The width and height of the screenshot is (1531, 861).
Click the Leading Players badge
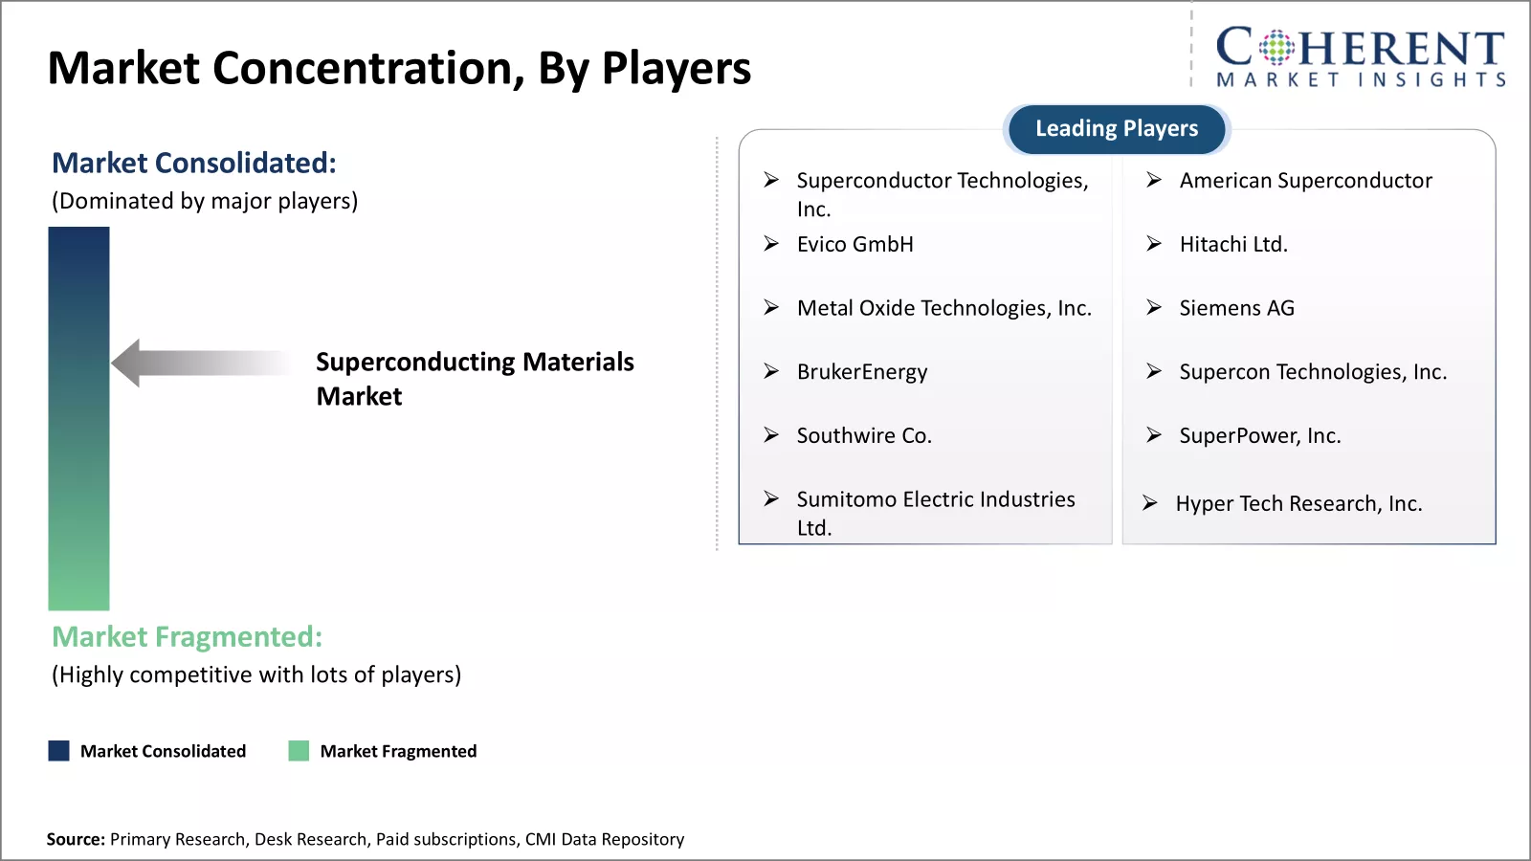(x=1117, y=128)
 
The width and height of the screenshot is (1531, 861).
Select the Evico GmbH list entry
(x=855, y=244)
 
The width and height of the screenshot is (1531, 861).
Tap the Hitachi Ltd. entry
(x=1233, y=244)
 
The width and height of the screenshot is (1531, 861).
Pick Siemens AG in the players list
(x=1237, y=308)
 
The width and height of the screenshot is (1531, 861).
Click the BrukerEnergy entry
(x=862, y=372)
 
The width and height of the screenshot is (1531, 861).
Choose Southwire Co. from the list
(x=865, y=436)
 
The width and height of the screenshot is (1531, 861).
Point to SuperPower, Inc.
(x=1260, y=436)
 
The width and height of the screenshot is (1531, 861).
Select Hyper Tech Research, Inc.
(x=1298, y=503)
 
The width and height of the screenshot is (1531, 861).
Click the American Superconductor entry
(x=1305, y=181)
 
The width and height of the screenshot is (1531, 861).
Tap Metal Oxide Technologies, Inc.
(x=944, y=308)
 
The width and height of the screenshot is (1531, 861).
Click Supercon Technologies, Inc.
(x=1313, y=372)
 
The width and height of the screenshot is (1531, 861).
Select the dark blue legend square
(x=58, y=750)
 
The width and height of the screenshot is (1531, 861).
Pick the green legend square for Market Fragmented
(x=299, y=750)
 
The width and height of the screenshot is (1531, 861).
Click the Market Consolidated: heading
(x=194, y=163)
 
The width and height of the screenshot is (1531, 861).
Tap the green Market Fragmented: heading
(x=187, y=637)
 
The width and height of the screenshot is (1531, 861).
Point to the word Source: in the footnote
(x=76, y=839)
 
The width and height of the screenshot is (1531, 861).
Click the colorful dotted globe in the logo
(x=1276, y=47)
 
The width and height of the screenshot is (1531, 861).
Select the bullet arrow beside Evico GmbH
(x=771, y=244)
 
